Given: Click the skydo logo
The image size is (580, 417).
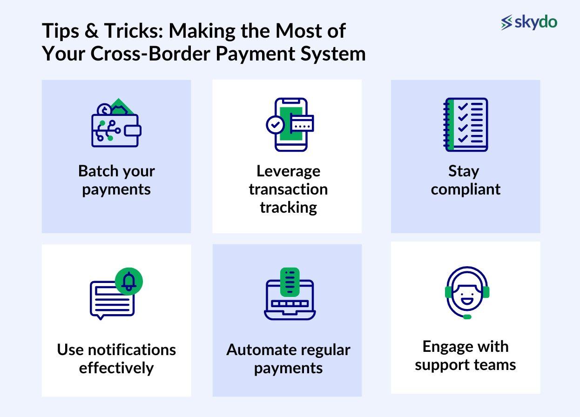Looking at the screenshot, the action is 529,22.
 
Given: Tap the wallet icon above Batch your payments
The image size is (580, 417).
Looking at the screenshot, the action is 116,123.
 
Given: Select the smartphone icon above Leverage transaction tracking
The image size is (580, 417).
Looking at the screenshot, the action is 290,125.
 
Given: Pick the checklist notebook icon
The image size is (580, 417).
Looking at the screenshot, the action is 465,125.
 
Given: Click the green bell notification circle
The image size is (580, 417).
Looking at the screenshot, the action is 128,282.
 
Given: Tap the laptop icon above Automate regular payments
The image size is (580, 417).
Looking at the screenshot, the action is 290,294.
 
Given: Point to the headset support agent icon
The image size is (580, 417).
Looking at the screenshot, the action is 467,293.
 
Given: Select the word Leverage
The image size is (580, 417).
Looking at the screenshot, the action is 289,172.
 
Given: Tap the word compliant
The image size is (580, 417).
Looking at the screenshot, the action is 465,190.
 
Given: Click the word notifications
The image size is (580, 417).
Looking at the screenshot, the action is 132,350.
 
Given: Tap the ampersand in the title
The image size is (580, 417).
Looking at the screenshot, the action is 91,31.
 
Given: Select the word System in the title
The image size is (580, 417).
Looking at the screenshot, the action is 333,54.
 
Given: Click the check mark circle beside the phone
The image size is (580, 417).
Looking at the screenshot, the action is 275,125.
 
